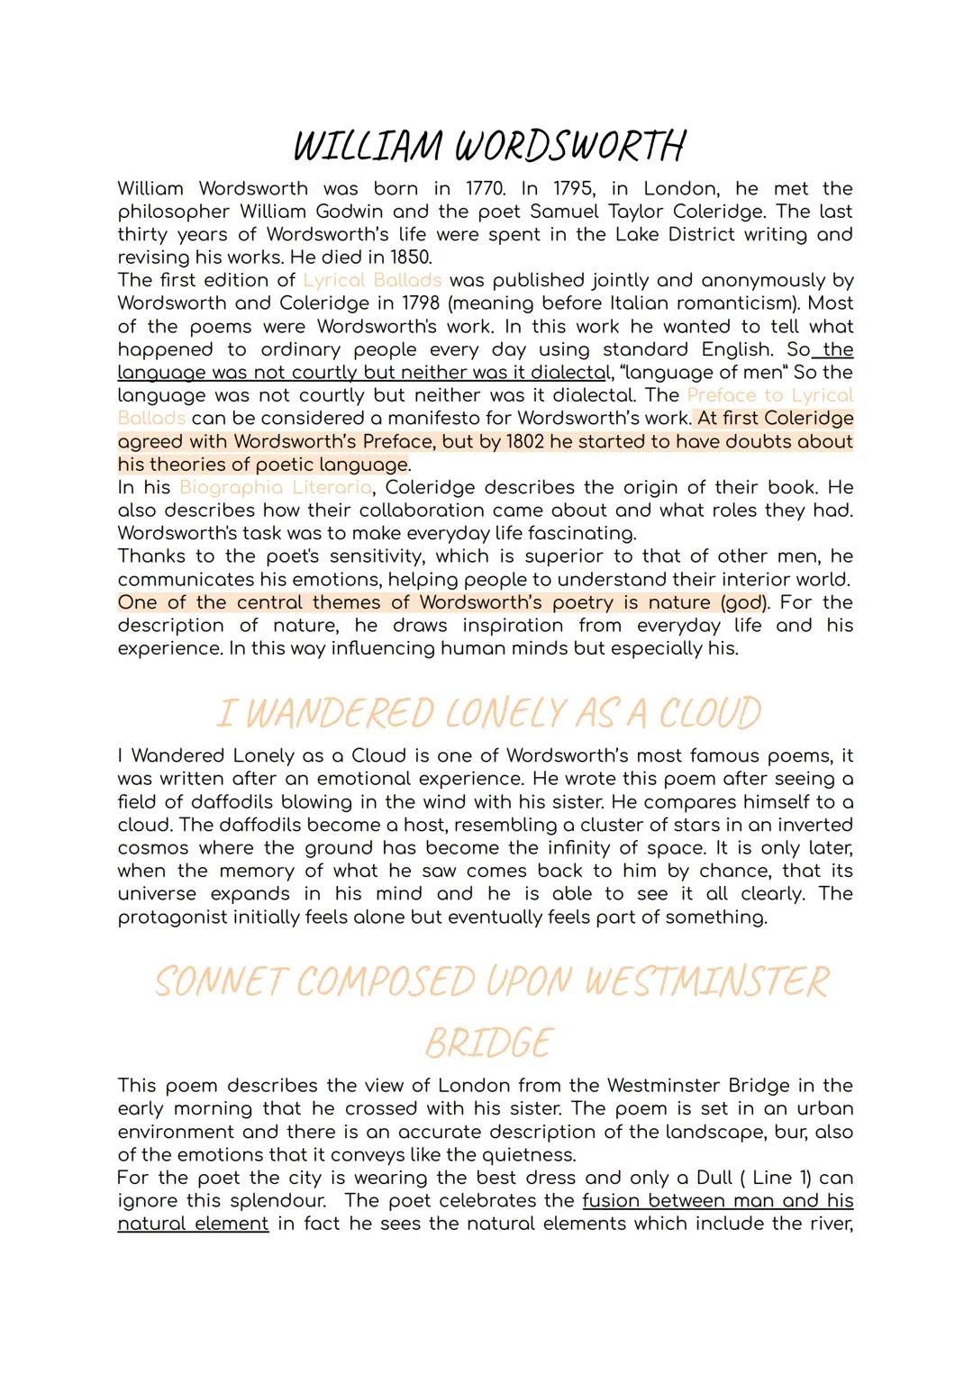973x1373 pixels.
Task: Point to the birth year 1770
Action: point(486,189)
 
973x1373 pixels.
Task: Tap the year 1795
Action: point(565,189)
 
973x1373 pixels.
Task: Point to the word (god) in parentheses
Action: point(744,602)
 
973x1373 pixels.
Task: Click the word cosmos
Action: point(153,848)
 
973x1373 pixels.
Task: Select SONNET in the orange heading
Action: point(219,981)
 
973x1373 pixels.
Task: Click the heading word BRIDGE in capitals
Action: point(486,1043)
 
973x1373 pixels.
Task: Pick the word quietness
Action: point(533,1154)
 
